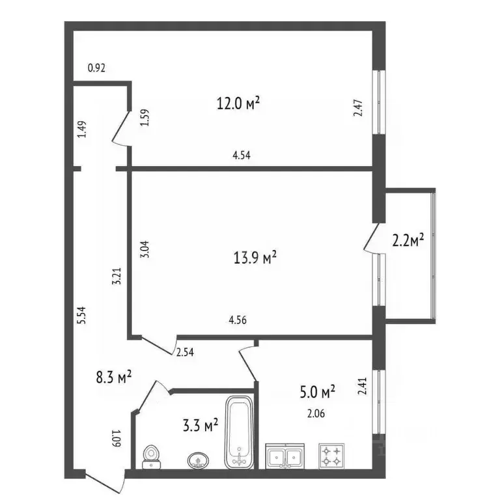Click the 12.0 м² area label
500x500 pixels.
[x=238, y=103]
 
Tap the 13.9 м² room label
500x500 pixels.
[x=256, y=258]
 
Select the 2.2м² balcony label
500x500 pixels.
[x=409, y=242]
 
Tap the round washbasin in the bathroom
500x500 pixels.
[x=198, y=460]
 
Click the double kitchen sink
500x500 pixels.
[x=285, y=456]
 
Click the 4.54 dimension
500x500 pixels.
[x=241, y=155]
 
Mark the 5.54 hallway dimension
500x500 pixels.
[x=81, y=316]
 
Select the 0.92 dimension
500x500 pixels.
[x=96, y=66]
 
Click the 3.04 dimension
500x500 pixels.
[x=145, y=251]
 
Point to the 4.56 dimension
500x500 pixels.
[x=237, y=320]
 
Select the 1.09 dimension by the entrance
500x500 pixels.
[x=118, y=440]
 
